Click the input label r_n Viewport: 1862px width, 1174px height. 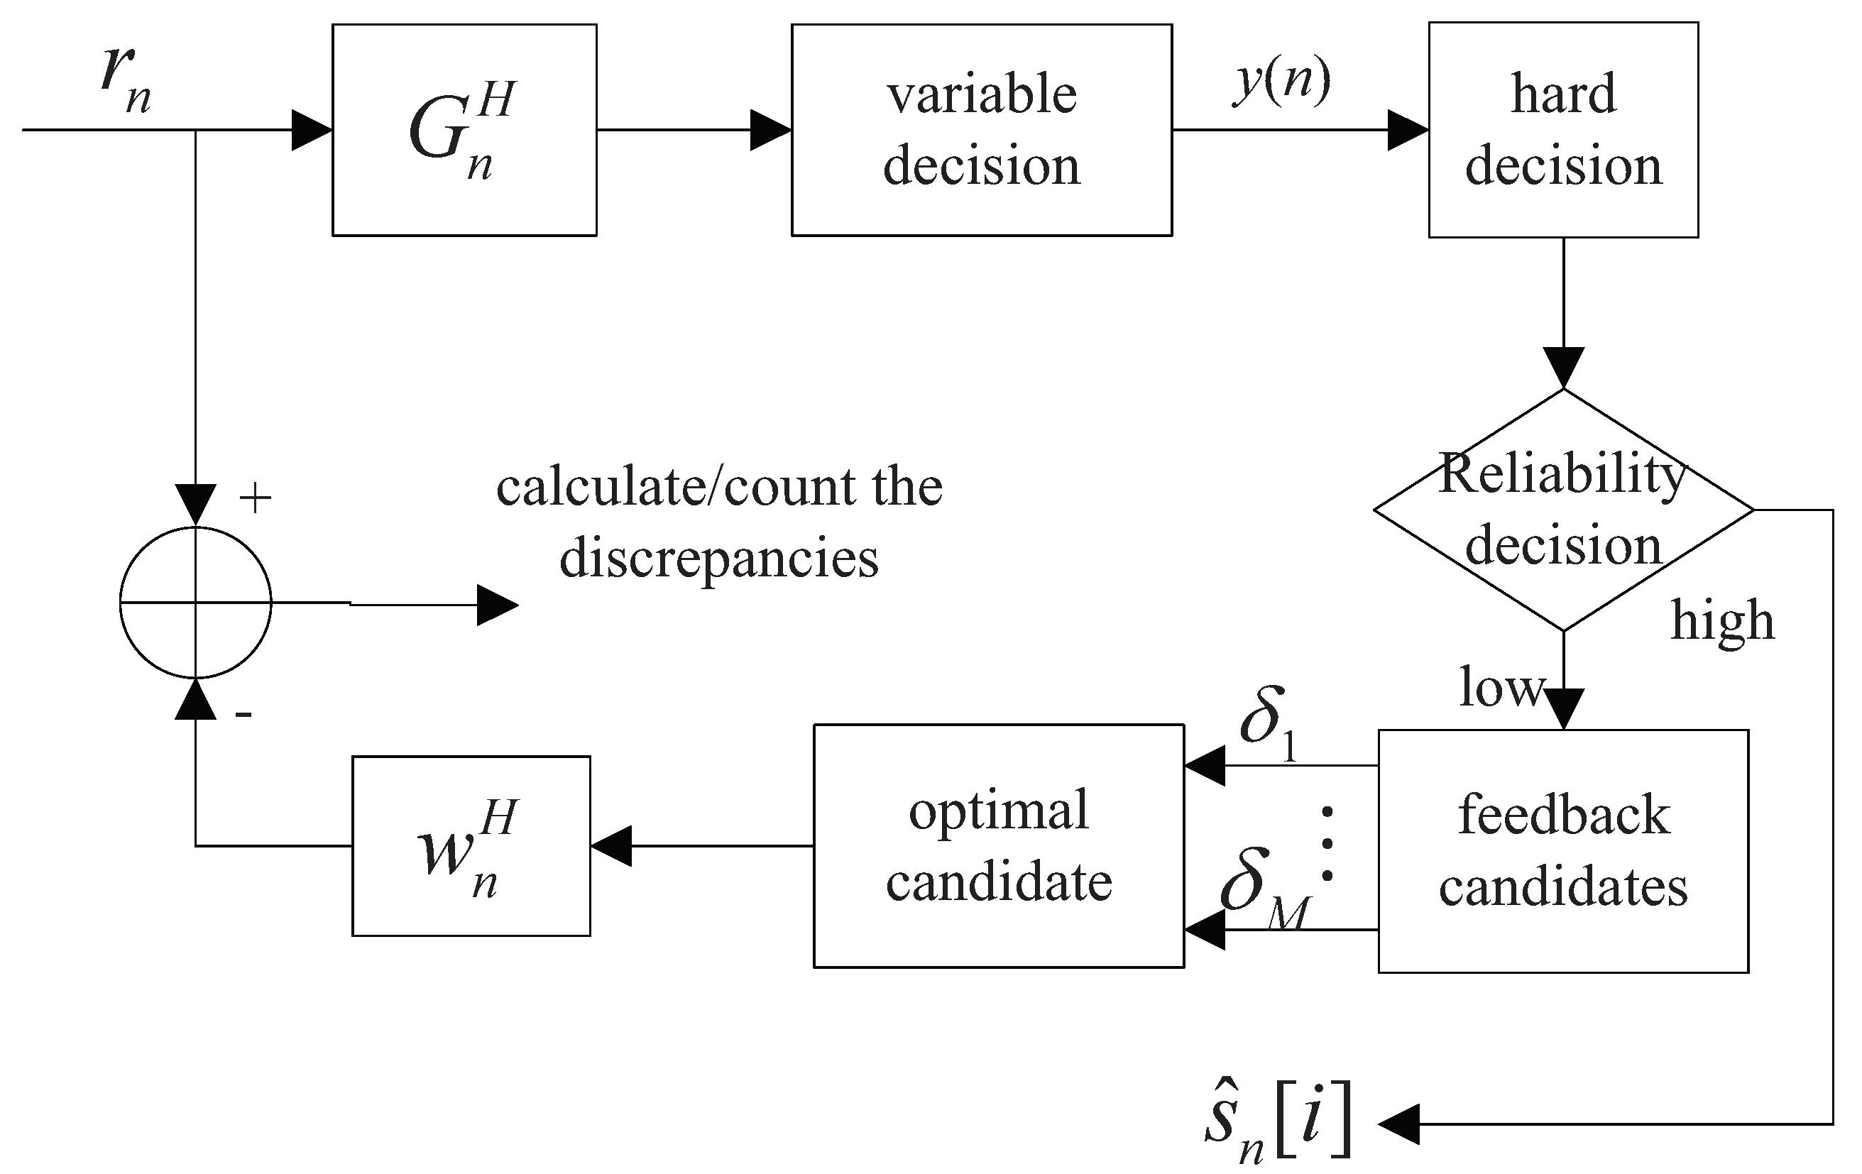point(126,81)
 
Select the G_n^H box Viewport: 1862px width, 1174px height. point(464,130)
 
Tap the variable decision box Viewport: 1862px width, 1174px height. point(981,130)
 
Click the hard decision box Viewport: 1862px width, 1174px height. point(1562,130)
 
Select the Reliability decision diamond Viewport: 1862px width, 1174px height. point(1562,510)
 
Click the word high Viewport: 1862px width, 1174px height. point(1722,621)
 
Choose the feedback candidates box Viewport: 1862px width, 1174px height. point(1562,851)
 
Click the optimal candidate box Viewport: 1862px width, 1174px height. point(998,845)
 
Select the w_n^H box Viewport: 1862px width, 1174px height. point(471,845)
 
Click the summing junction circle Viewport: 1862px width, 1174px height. point(196,603)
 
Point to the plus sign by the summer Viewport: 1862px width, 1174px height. point(255,499)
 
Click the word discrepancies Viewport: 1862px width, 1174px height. point(718,559)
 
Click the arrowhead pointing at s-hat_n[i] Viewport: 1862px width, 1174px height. point(1398,1124)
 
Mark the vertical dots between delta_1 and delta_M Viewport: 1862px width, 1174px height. point(1327,844)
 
